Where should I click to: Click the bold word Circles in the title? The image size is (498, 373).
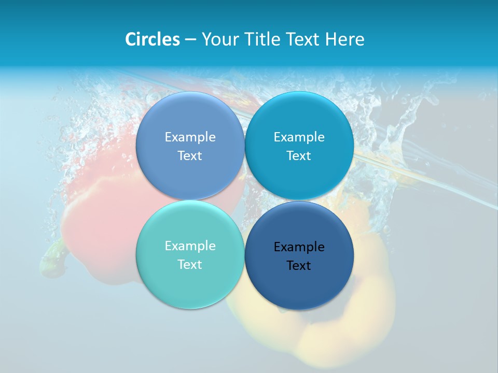tap(152, 39)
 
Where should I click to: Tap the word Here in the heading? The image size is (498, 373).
tap(344, 39)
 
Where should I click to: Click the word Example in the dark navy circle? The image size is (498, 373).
tap(299, 247)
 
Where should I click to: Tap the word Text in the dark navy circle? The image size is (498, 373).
tap(299, 266)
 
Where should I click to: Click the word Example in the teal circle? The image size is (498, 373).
tap(190, 246)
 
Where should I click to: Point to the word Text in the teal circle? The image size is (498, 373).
tap(190, 265)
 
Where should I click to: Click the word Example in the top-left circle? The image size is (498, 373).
tap(190, 137)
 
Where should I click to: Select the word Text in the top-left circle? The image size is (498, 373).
tap(190, 156)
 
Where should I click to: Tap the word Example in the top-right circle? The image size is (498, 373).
tap(299, 137)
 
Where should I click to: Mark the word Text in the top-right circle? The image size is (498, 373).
tap(299, 156)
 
